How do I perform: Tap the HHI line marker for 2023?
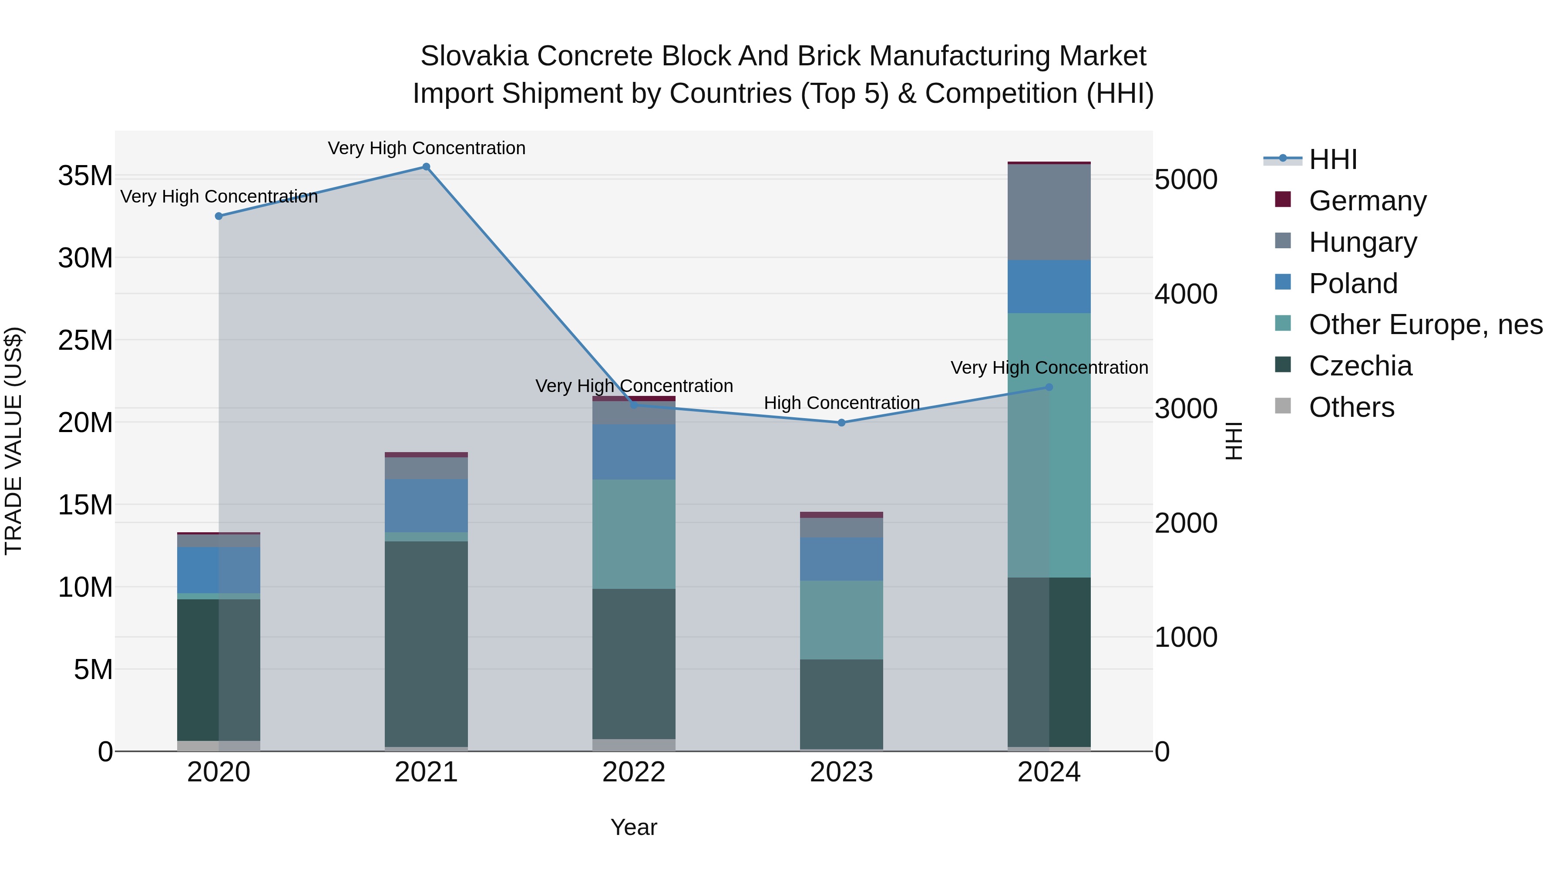pos(841,422)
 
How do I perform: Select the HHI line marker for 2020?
pos(219,216)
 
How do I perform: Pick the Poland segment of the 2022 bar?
pos(634,452)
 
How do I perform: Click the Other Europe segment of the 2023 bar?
pos(841,620)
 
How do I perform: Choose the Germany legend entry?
pos(1367,201)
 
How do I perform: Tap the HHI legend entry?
pos(1332,159)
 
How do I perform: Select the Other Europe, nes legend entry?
pos(1425,324)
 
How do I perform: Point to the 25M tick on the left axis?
pos(85,340)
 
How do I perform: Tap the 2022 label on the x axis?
pos(634,772)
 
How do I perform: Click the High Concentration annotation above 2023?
pos(841,403)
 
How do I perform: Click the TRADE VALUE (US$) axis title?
pos(13,441)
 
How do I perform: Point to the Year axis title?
pos(633,827)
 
